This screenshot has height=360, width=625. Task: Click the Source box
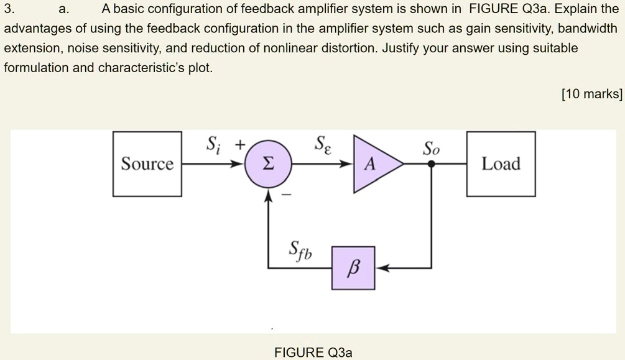pos(147,164)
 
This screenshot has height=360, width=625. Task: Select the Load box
pos(501,164)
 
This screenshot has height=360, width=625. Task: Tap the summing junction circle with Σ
pos(267,164)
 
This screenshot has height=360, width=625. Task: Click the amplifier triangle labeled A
pos(373,164)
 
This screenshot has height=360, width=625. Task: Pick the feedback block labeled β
pos(353,268)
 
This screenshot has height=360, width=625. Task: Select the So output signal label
pos(431,149)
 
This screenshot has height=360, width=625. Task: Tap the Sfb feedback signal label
pos(301,252)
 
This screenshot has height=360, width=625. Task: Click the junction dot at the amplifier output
pos(431,164)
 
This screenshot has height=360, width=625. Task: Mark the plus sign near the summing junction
pos(239,145)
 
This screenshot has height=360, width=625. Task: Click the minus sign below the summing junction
pos(287,195)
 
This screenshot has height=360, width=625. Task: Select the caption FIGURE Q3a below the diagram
pos(313,353)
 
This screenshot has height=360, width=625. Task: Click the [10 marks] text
pos(591,94)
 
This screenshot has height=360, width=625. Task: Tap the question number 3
pos(7,9)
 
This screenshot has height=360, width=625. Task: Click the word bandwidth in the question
pos(590,29)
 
